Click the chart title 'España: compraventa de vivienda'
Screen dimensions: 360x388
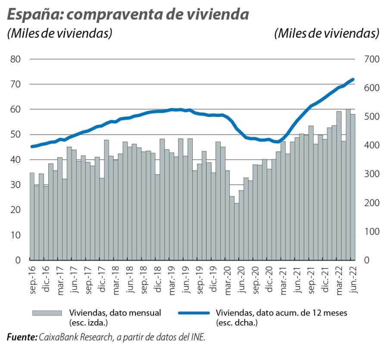click(x=128, y=14)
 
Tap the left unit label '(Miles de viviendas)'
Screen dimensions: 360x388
click(x=59, y=34)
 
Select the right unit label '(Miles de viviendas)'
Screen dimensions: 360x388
click(x=326, y=34)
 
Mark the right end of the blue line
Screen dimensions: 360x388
click(x=353, y=79)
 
